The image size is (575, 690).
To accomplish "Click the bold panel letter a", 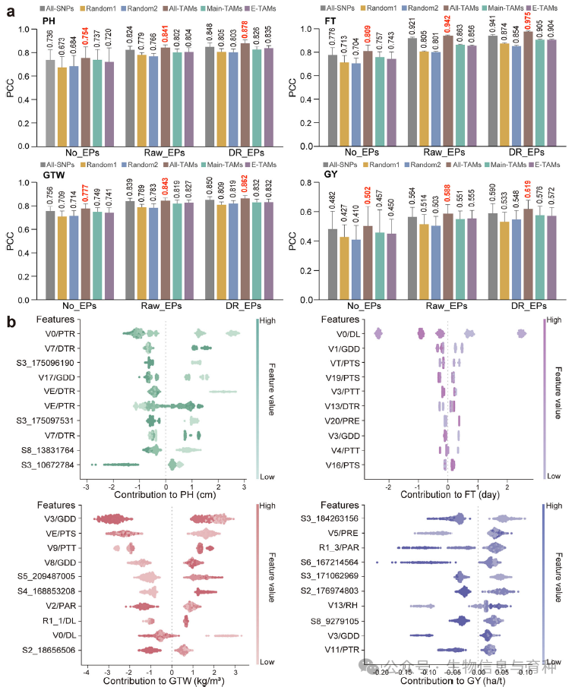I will click(11, 11).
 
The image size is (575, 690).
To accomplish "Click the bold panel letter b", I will click(11, 323).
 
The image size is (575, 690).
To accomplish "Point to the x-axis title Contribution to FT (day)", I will click(447, 495).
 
